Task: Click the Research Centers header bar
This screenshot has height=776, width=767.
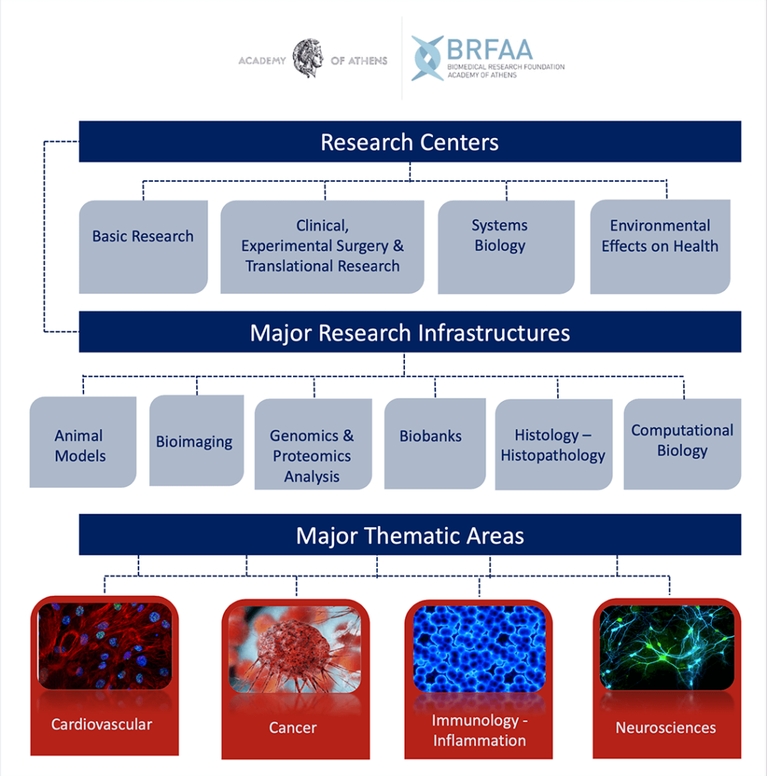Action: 410,142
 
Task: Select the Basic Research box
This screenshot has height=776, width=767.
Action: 143,247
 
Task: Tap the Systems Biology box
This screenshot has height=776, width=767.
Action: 506,247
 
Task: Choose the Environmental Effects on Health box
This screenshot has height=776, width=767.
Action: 660,247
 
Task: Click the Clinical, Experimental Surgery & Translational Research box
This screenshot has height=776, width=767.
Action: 322,247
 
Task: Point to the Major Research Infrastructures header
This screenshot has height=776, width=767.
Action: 410,332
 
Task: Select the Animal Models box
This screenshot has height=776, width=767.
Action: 83,442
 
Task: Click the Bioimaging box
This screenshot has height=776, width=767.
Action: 196,440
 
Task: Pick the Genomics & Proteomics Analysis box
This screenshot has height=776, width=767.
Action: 313,444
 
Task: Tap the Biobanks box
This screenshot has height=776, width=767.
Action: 435,443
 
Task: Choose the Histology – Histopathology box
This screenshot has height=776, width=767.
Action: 554,444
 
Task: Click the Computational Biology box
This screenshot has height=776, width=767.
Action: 682,444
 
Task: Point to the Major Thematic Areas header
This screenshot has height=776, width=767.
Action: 410,535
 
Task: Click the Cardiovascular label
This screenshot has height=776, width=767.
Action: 101,724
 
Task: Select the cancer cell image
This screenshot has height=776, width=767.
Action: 295,649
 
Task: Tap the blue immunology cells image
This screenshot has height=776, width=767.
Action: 479,649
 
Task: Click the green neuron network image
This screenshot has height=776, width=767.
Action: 666,647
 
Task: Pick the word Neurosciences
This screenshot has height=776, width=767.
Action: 666,727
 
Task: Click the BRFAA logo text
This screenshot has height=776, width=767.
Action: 490,49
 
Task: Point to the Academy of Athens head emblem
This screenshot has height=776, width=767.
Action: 308,58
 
